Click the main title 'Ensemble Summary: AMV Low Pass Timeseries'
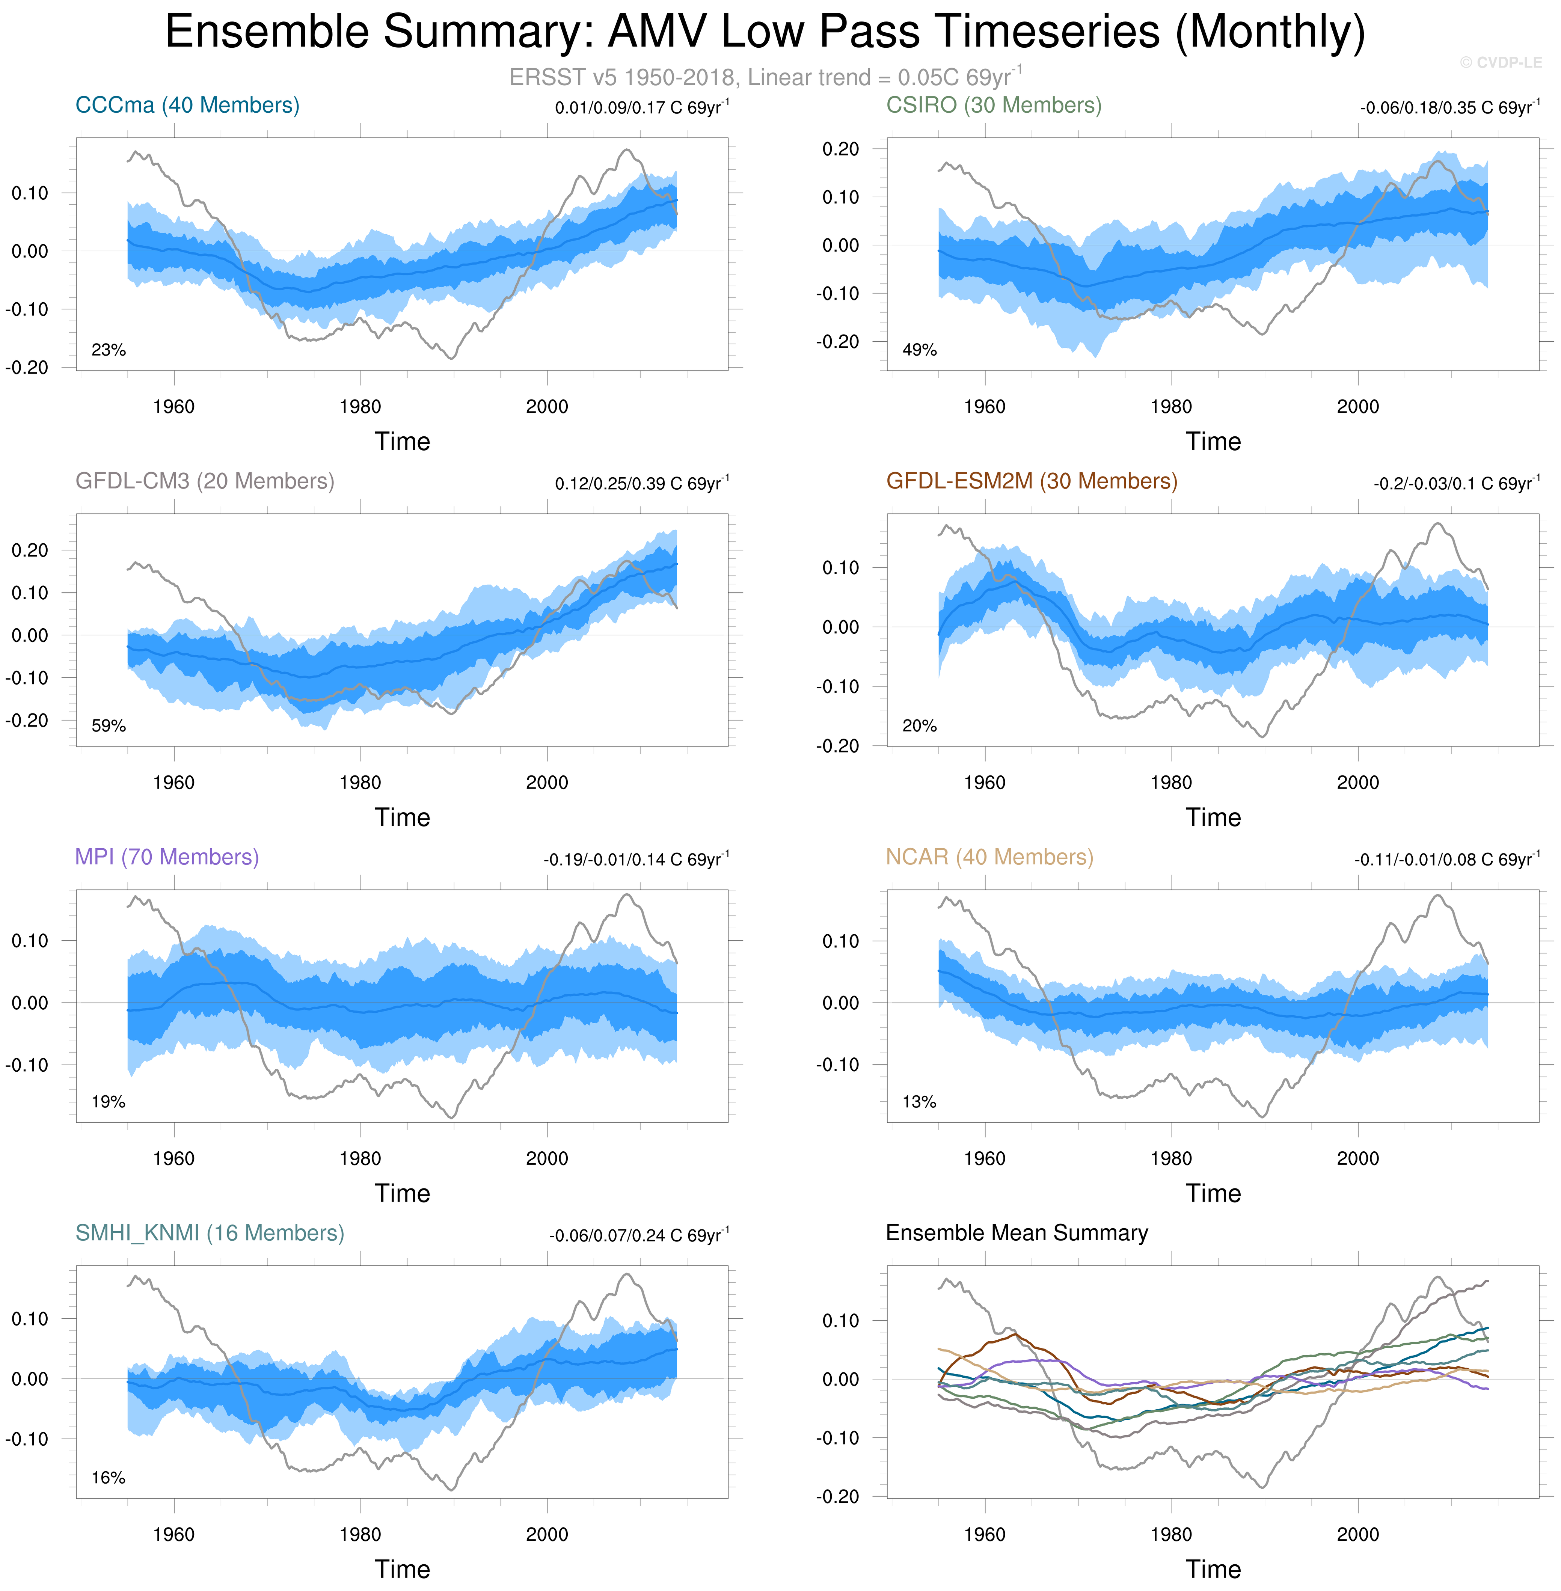click(765, 33)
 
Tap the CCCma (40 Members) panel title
click(187, 106)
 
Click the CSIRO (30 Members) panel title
click(994, 106)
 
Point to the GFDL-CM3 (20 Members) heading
click(205, 481)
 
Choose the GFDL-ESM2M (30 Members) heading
click(1032, 481)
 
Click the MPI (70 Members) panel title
click(166, 857)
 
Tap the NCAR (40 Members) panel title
click(989, 857)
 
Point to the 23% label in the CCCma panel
click(108, 350)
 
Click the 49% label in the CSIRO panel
click(919, 350)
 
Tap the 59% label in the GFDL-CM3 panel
click(108, 726)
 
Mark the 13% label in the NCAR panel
click(919, 1102)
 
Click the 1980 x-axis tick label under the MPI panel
click(360, 1158)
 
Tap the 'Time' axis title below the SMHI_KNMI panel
click(403, 1569)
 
